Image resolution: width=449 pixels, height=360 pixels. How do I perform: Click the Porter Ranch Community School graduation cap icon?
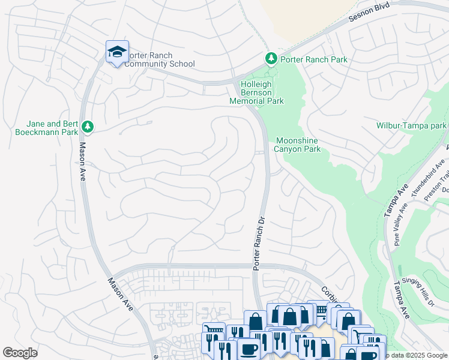coord(117,53)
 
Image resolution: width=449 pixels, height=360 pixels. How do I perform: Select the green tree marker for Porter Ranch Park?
coord(271,58)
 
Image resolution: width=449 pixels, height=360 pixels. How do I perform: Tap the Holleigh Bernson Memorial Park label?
coord(256,93)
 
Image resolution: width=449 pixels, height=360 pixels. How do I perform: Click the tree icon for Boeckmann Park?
coord(88,126)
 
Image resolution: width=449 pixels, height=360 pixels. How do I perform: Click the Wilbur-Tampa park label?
coord(411,126)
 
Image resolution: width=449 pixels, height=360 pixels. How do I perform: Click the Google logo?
coord(20,353)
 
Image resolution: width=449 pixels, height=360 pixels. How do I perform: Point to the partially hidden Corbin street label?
coord(330,293)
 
